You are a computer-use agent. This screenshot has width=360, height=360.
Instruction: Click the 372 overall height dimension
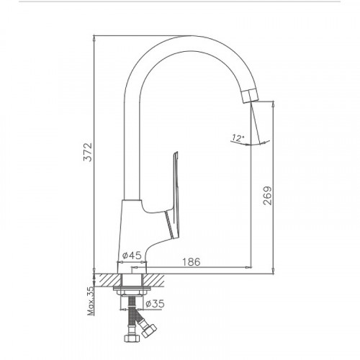88,152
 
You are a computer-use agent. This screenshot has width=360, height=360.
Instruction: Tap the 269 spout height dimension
267,195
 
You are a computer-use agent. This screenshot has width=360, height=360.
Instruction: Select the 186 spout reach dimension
192,262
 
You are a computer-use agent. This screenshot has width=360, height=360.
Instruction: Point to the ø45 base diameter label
132,256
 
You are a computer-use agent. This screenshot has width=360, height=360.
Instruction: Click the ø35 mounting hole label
155,304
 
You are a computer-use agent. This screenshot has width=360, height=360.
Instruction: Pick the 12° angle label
238,138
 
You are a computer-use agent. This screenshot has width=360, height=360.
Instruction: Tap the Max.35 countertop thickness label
91,301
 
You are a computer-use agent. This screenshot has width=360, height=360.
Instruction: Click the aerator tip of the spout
249,96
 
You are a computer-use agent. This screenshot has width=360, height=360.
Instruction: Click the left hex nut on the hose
132,338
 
